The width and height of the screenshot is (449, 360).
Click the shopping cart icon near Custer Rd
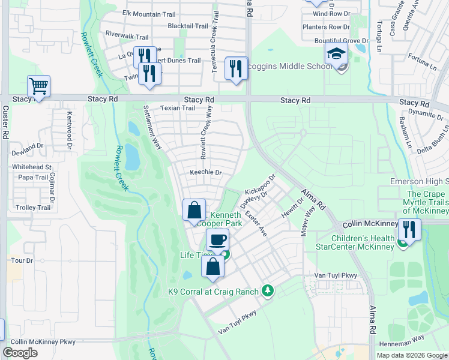coord(38,86)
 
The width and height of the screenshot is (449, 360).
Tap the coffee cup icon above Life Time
coord(217,240)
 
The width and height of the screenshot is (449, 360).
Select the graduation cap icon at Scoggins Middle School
coord(336,54)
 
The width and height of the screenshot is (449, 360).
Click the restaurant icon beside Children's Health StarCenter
coord(409,229)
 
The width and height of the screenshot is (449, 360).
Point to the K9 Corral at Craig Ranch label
coord(212,292)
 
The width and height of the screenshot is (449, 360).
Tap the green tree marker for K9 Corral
coord(268,292)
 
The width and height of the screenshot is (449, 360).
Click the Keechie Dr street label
coord(206,172)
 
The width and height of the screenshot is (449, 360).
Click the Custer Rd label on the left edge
coord(5,123)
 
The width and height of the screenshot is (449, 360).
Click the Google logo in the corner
coord(20,353)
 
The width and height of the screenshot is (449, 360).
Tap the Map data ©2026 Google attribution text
coord(411,355)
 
